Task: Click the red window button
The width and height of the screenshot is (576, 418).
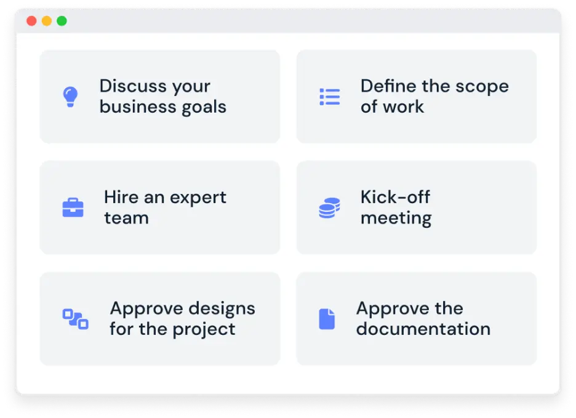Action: [31, 22]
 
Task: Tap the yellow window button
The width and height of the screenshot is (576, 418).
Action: [47, 22]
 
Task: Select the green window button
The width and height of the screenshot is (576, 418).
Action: [62, 22]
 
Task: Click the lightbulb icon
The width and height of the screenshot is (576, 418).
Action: [71, 97]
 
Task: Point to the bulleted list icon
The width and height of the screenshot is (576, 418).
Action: [329, 97]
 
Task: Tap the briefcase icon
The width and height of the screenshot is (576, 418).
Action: [73, 207]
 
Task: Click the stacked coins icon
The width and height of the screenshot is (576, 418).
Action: [329, 207]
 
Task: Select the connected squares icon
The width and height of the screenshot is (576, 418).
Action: [76, 319]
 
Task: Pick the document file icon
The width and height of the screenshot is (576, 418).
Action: [327, 319]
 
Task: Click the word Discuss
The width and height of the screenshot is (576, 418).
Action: [132, 86]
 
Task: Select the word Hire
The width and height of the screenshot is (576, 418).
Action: [121, 197]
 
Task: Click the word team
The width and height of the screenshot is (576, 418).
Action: [126, 218]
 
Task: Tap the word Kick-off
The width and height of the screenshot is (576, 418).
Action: [395, 197]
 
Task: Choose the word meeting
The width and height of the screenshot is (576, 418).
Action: [396, 218]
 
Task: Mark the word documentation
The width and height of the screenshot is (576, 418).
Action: [423, 329]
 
